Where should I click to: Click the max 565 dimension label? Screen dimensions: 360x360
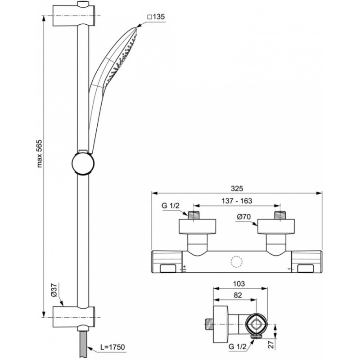click(40, 153)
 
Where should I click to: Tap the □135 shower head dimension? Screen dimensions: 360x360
click(156, 17)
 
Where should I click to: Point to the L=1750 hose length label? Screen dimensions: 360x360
click(112, 347)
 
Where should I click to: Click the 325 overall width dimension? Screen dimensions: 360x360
click(237, 189)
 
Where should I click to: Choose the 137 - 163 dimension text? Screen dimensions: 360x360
click(237, 201)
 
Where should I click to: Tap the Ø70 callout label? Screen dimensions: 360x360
click(243, 217)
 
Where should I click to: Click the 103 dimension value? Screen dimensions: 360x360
click(239, 284)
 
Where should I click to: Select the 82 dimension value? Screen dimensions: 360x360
click(238, 295)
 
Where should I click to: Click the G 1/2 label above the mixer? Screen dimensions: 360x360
click(171, 206)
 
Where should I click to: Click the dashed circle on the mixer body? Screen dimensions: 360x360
click(237, 261)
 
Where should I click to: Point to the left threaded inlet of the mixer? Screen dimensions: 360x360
click(194, 215)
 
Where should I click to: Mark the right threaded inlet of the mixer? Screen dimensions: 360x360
click(280, 215)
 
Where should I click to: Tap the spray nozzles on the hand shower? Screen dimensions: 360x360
click(121, 59)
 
